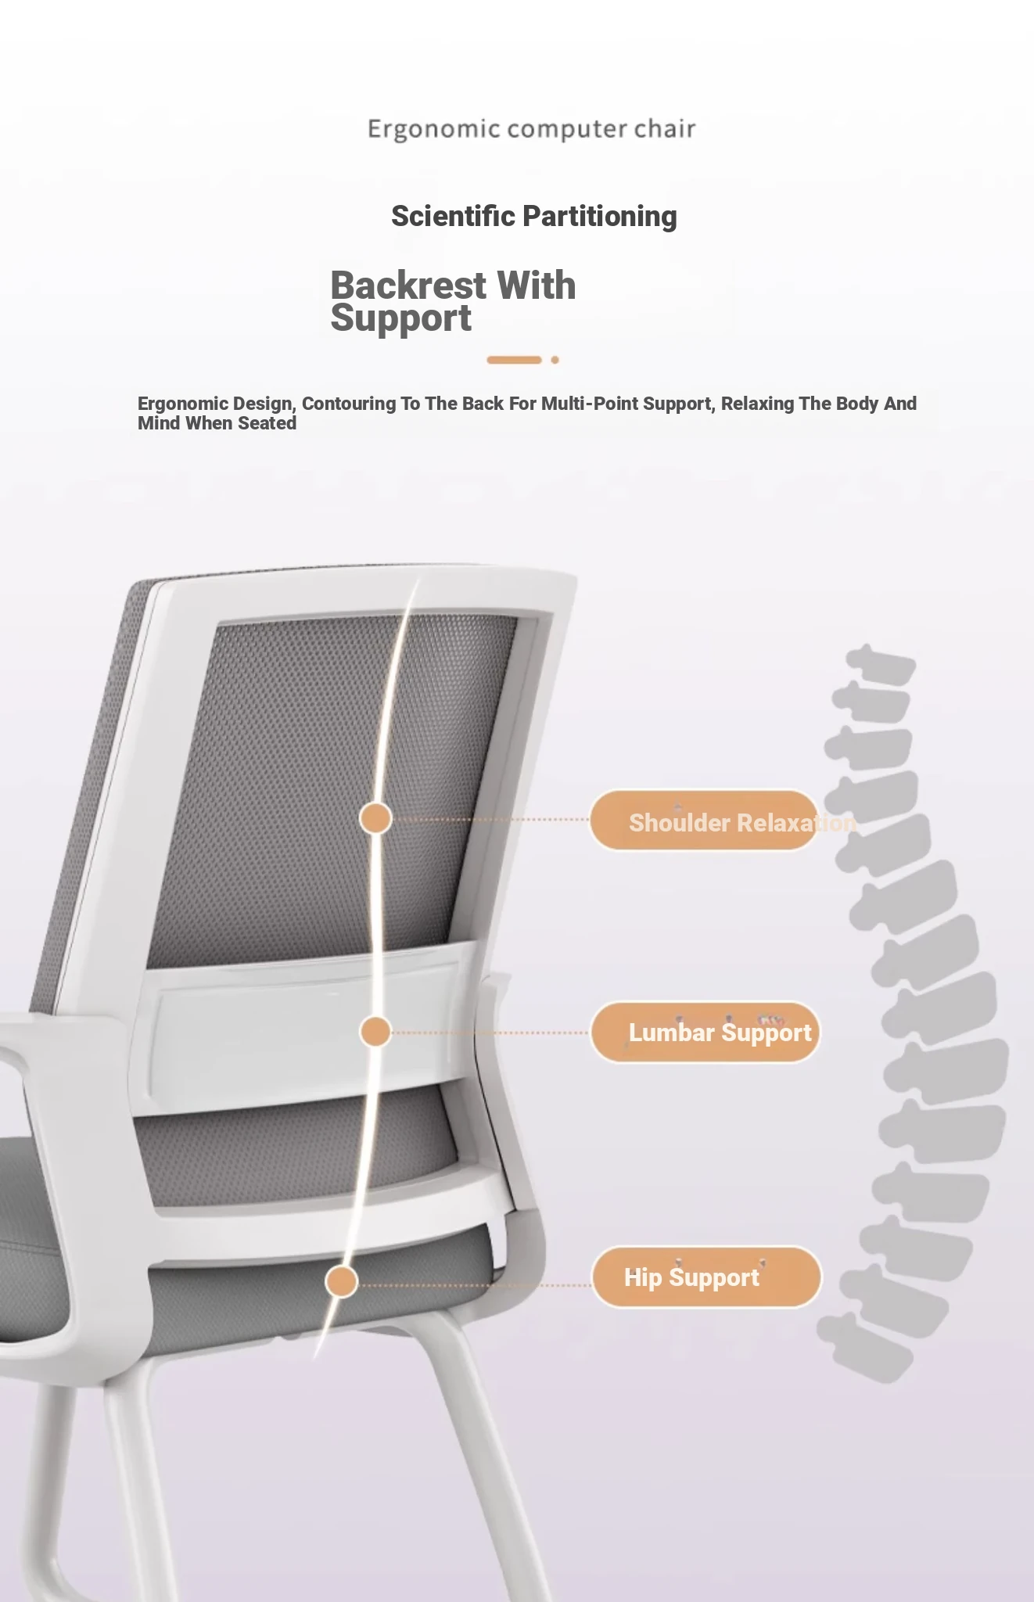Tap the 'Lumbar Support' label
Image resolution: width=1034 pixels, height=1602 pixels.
705,1033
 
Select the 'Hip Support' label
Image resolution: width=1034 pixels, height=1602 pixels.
706,1277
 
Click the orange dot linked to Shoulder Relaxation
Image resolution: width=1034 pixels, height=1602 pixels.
375,818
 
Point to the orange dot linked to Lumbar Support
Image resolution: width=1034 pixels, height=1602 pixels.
375,1032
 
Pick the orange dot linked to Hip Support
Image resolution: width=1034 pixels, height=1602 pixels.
341,1282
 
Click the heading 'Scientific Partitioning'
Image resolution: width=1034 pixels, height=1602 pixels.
534,216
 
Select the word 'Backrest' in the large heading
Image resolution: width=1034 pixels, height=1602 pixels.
408,285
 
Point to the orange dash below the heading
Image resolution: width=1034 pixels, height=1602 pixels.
514,360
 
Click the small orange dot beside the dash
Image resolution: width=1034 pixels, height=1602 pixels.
555,360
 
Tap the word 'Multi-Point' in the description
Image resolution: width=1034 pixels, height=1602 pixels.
589,404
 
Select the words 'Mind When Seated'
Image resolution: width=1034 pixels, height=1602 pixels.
217,423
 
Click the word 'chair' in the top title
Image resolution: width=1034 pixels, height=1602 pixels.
664,128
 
